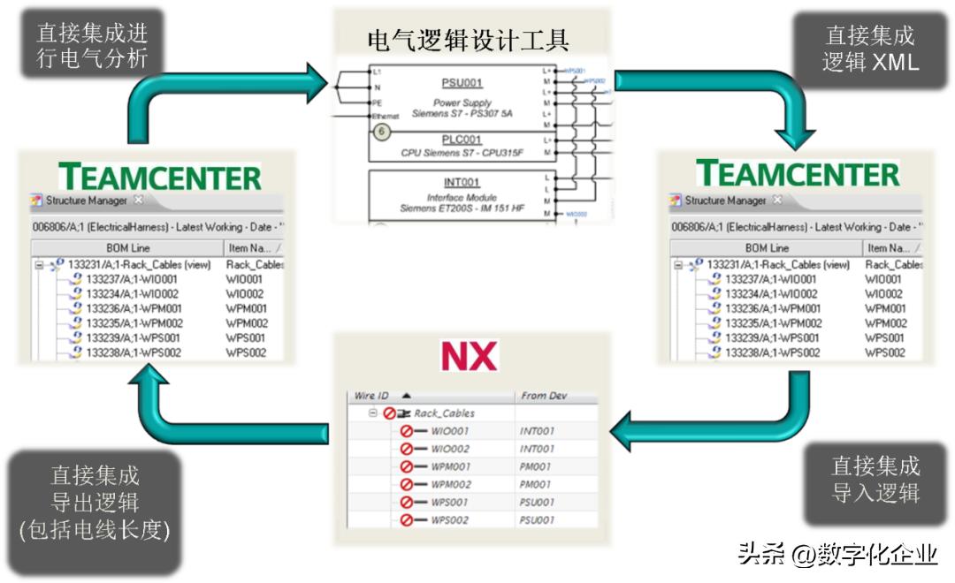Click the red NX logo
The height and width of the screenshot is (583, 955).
click(470, 355)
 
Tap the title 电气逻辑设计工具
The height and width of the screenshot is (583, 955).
click(468, 40)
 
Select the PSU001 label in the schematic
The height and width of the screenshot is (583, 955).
click(462, 83)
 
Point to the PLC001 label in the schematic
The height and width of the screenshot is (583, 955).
click(462, 140)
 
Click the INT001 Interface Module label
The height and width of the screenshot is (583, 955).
click(462, 183)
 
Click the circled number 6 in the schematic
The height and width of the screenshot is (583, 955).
click(382, 132)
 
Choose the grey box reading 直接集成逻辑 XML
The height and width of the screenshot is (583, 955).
click(870, 49)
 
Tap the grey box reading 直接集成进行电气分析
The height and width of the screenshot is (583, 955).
click(92, 45)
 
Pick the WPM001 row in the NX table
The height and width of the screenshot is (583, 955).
click(450, 466)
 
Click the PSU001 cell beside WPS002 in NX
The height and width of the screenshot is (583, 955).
click(537, 520)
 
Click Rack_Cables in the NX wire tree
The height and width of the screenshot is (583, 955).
click(444, 413)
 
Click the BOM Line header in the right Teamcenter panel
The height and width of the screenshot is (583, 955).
click(767, 248)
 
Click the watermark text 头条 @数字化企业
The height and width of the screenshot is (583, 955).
click(837, 554)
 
